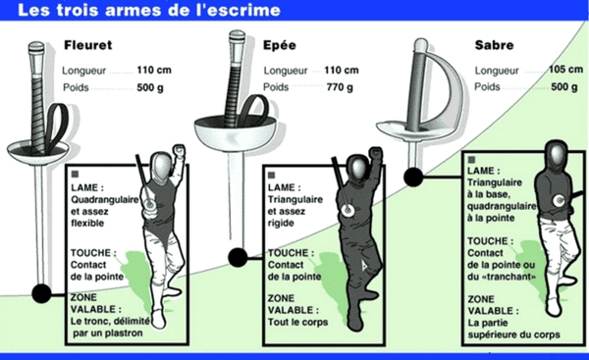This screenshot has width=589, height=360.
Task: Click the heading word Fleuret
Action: [x=88, y=45]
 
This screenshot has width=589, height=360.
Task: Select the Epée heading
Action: [x=280, y=45]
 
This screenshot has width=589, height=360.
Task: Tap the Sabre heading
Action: [x=494, y=45]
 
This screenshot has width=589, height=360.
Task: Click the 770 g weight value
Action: [x=340, y=87]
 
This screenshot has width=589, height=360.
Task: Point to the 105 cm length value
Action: [x=565, y=70]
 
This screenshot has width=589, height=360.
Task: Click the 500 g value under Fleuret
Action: [x=150, y=87]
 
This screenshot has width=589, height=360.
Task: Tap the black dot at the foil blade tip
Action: [x=41, y=293]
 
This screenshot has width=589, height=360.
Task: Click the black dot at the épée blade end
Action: [x=238, y=258]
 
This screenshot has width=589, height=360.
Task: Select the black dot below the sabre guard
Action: [x=413, y=177]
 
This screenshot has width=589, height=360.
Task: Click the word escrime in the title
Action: [x=248, y=10]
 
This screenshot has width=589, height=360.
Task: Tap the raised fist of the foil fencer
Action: [x=180, y=150]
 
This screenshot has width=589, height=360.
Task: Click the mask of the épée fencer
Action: [x=357, y=169]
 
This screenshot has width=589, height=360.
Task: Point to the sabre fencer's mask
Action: [x=557, y=154]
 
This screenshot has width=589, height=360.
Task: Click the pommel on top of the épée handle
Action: [x=237, y=35]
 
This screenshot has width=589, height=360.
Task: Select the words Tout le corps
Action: [x=297, y=322]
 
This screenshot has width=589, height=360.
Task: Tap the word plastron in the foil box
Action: [x=124, y=334]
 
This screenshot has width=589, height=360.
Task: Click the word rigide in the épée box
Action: [x=281, y=224]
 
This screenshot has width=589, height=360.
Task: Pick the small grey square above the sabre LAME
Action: [x=471, y=160]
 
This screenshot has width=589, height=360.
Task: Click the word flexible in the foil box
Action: [x=87, y=223]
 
